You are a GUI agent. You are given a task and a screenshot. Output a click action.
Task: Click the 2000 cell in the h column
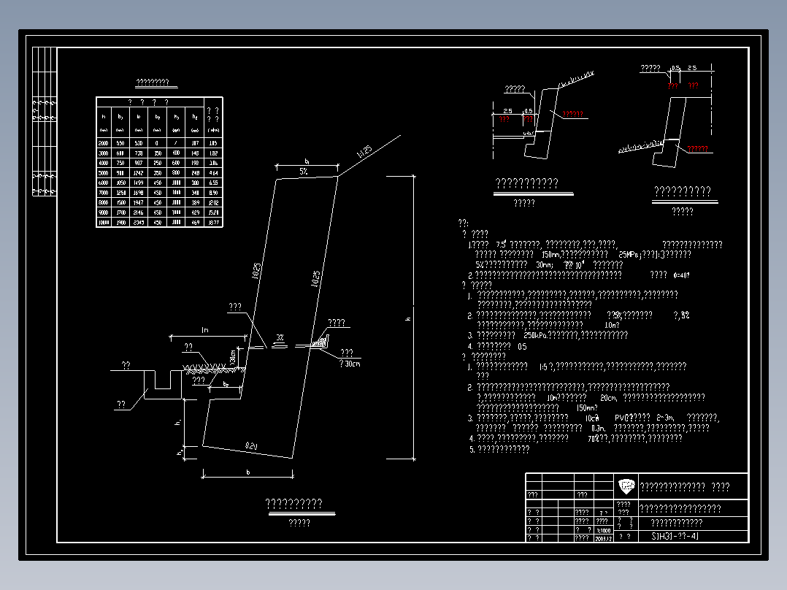(104, 143)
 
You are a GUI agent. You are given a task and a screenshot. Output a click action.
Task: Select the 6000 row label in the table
(104, 183)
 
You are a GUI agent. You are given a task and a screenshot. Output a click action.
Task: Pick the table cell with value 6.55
(213, 183)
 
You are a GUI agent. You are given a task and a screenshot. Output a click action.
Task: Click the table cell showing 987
(139, 163)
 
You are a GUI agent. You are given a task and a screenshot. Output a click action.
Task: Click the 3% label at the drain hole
(280, 338)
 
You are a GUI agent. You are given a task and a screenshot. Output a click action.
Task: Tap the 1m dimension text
(205, 331)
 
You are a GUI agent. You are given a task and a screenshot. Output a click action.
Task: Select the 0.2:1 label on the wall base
(251, 445)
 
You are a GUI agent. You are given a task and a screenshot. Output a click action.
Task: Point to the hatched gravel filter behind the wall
(319, 341)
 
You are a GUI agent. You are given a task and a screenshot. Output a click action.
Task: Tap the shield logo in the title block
(626, 486)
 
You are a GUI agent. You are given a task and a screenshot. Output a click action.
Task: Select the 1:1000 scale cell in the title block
(604, 530)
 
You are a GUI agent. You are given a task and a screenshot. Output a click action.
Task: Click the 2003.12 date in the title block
(604, 538)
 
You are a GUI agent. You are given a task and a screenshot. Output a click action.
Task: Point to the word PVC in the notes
(622, 418)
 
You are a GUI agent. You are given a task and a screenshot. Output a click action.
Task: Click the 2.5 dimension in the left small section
(507, 111)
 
